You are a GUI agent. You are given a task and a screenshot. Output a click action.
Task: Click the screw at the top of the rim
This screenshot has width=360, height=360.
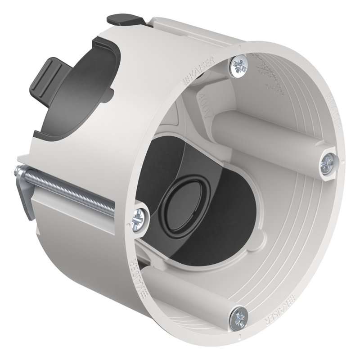(238, 66)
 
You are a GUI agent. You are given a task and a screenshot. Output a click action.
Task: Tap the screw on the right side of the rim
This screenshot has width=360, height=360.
(328, 163)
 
